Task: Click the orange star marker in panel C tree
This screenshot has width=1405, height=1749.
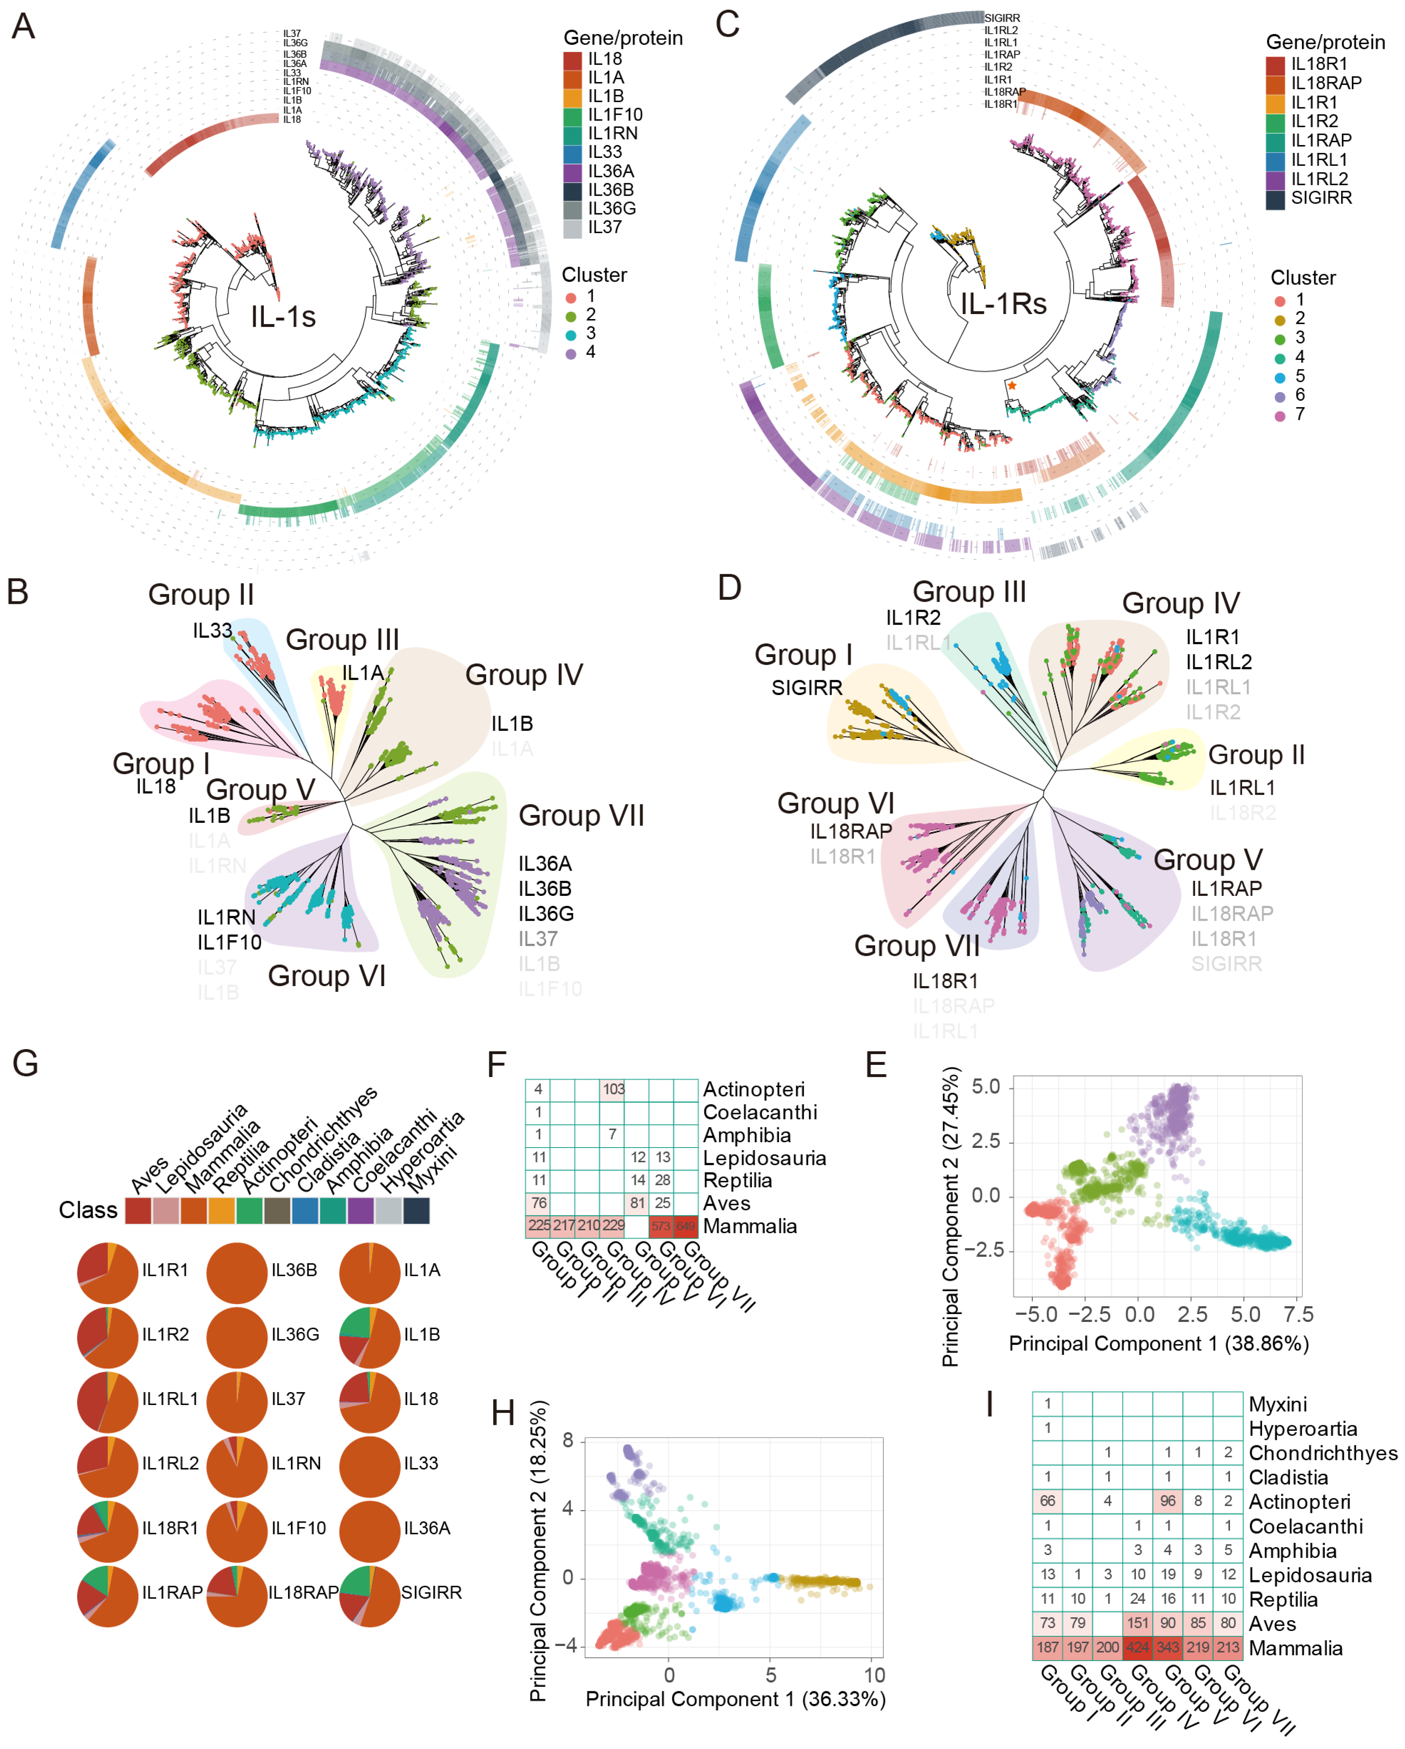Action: (x=1012, y=385)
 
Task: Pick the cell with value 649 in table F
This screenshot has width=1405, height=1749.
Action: (x=685, y=1226)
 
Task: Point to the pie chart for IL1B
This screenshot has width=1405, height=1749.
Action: (x=370, y=1334)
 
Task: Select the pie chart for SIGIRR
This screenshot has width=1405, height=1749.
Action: (x=370, y=1592)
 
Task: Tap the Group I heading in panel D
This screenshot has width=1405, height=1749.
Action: (x=803, y=655)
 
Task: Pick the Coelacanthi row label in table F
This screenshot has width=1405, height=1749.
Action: (x=759, y=1112)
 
